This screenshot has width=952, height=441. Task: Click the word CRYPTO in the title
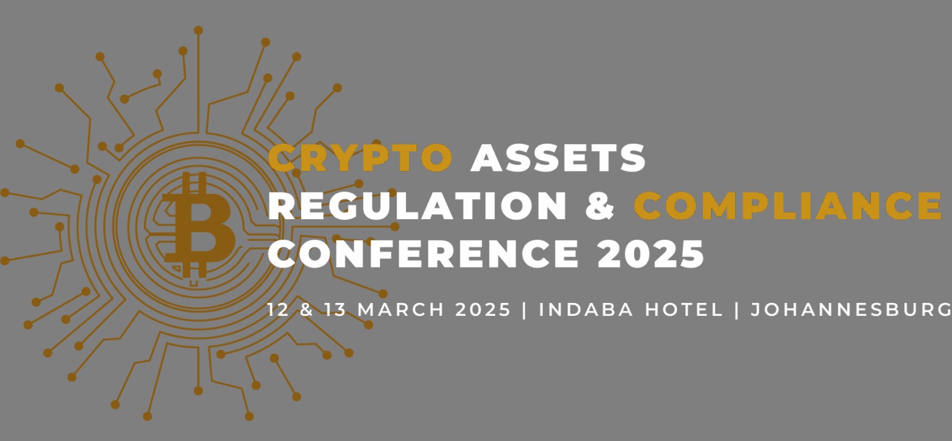[360, 157]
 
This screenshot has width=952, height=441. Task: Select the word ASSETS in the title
[558, 157]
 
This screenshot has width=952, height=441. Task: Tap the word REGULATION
[417, 205]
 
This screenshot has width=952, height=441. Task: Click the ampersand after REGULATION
[600, 205]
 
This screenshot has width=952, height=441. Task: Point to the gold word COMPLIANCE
[787, 205]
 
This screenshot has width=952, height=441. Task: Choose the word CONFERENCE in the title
[423, 253]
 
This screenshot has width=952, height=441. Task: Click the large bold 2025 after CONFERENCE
[650, 253]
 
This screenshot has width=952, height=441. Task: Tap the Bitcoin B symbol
[198, 225]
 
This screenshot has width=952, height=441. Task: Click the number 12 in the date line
[278, 309]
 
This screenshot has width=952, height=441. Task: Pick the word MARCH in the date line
[401, 309]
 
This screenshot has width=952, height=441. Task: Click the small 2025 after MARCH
[483, 309]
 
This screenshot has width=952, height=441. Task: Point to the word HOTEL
[684, 309]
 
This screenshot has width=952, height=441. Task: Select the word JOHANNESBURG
[851, 309]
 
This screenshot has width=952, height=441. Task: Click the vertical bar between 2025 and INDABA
[525, 310]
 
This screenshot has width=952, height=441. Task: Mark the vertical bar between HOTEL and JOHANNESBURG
[736, 310]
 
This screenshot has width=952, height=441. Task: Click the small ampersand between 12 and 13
[306, 309]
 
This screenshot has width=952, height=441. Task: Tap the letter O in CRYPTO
[436, 157]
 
